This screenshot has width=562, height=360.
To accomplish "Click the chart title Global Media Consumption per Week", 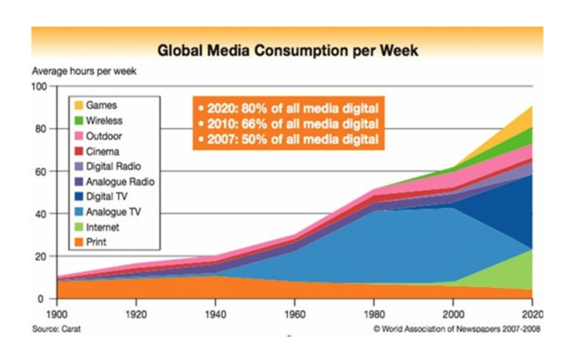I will (288, 50).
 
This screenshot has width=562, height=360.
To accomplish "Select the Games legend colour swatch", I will (78, 105).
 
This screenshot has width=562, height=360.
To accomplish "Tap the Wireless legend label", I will (104, 121).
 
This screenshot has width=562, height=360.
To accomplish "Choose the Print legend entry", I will (96, 242).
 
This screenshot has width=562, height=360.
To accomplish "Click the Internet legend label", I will (102, 227).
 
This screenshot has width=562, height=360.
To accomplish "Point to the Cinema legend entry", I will (102, 152).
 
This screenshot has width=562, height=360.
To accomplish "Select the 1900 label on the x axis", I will (57, 314).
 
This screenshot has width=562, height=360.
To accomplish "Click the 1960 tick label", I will (294, 314).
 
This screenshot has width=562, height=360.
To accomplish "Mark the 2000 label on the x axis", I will (453, 314).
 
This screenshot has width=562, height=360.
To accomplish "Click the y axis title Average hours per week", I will (84, 72).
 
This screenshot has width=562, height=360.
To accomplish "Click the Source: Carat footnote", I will (56, 329).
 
